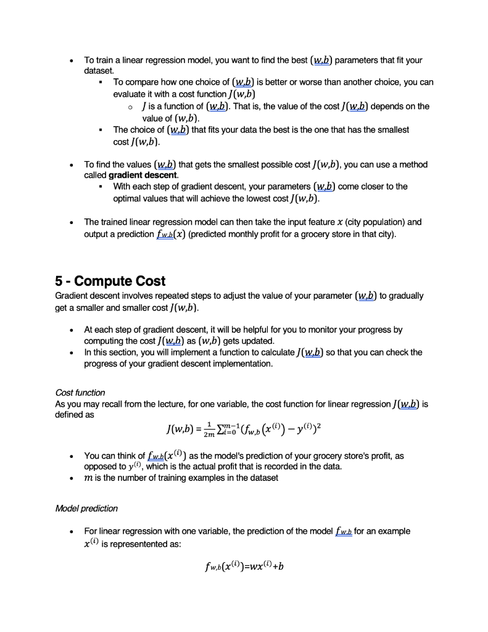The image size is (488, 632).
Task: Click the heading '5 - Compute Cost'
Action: tap(110, 281)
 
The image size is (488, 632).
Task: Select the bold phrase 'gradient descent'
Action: tap(143, 175)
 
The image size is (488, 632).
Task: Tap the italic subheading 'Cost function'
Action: tap(80, 393)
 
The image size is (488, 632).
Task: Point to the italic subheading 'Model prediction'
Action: tap(86, 509)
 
